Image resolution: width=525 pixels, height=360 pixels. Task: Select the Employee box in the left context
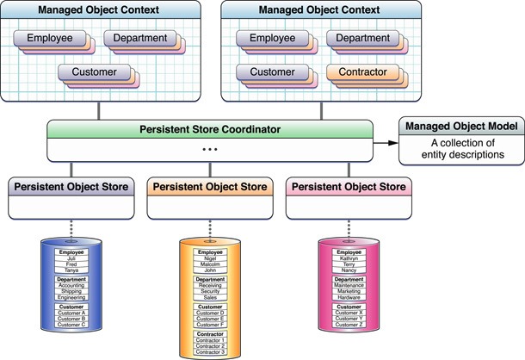tap(61, 39)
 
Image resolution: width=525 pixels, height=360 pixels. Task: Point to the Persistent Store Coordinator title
tap(208, 130)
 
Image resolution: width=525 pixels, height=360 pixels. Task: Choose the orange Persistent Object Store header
tap(208, 186)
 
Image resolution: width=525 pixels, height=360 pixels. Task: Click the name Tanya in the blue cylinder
tap(71, 269)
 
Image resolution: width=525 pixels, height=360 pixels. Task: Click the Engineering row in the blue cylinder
tap(71, 296)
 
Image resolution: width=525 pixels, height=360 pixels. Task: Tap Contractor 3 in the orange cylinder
tap(209, 352)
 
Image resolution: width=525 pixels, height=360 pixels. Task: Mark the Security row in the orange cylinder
tap(209, 289)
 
